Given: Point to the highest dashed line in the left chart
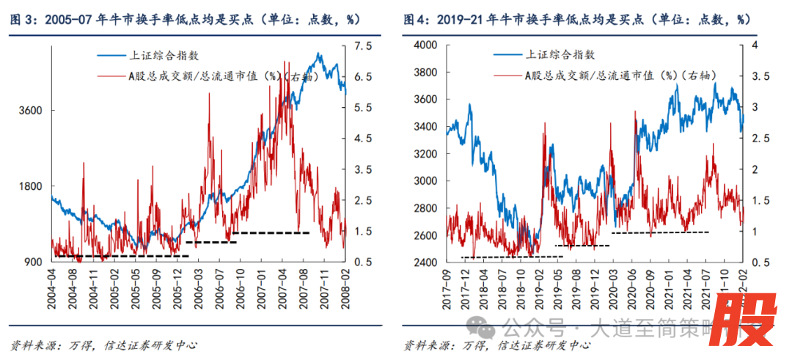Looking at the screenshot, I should pyautogui.click(x=271, y=233).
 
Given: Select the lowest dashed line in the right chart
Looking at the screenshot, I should pyautogui.click(x=512, y=257).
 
